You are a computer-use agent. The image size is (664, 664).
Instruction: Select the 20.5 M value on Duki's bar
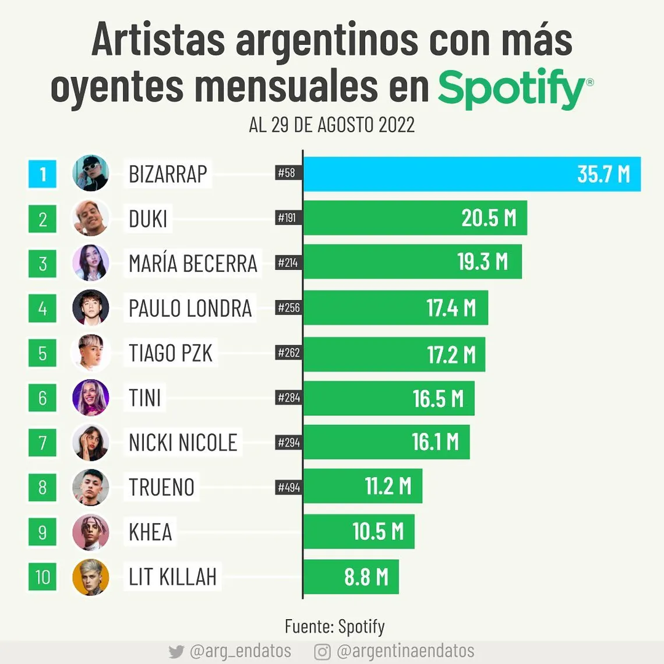click(489, 218)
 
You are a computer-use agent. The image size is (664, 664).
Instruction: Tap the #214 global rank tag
click(288, 263)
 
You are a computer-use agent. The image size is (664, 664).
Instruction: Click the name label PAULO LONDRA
click(190, 308)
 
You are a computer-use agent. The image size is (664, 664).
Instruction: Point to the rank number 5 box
click(43, 353)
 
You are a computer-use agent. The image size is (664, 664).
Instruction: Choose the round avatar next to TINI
click(90, 398)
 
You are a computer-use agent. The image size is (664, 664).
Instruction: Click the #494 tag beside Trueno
click(289, 487)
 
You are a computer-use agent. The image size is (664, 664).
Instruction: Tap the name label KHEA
click(150, 532)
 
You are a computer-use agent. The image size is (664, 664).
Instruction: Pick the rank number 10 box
click(43, 577)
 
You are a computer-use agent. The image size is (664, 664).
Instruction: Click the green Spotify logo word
click(511, 89)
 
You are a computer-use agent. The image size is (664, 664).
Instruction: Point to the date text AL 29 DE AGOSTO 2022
click(331, 125)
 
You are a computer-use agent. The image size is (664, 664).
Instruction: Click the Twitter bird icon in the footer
click(176, 652)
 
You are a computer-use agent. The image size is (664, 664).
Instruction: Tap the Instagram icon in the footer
click(322, 652)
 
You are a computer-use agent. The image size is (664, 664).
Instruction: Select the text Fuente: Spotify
click(334, 627)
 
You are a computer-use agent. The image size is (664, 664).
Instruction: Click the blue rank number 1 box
click(43, 174)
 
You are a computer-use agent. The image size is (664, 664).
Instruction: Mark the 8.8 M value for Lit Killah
click(366, 577)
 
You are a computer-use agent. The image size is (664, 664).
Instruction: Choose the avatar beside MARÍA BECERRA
click(90, 263)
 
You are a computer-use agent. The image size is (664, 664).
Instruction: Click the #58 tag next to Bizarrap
click(287, 172)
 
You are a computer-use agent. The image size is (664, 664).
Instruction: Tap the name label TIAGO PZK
click(170, 353)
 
